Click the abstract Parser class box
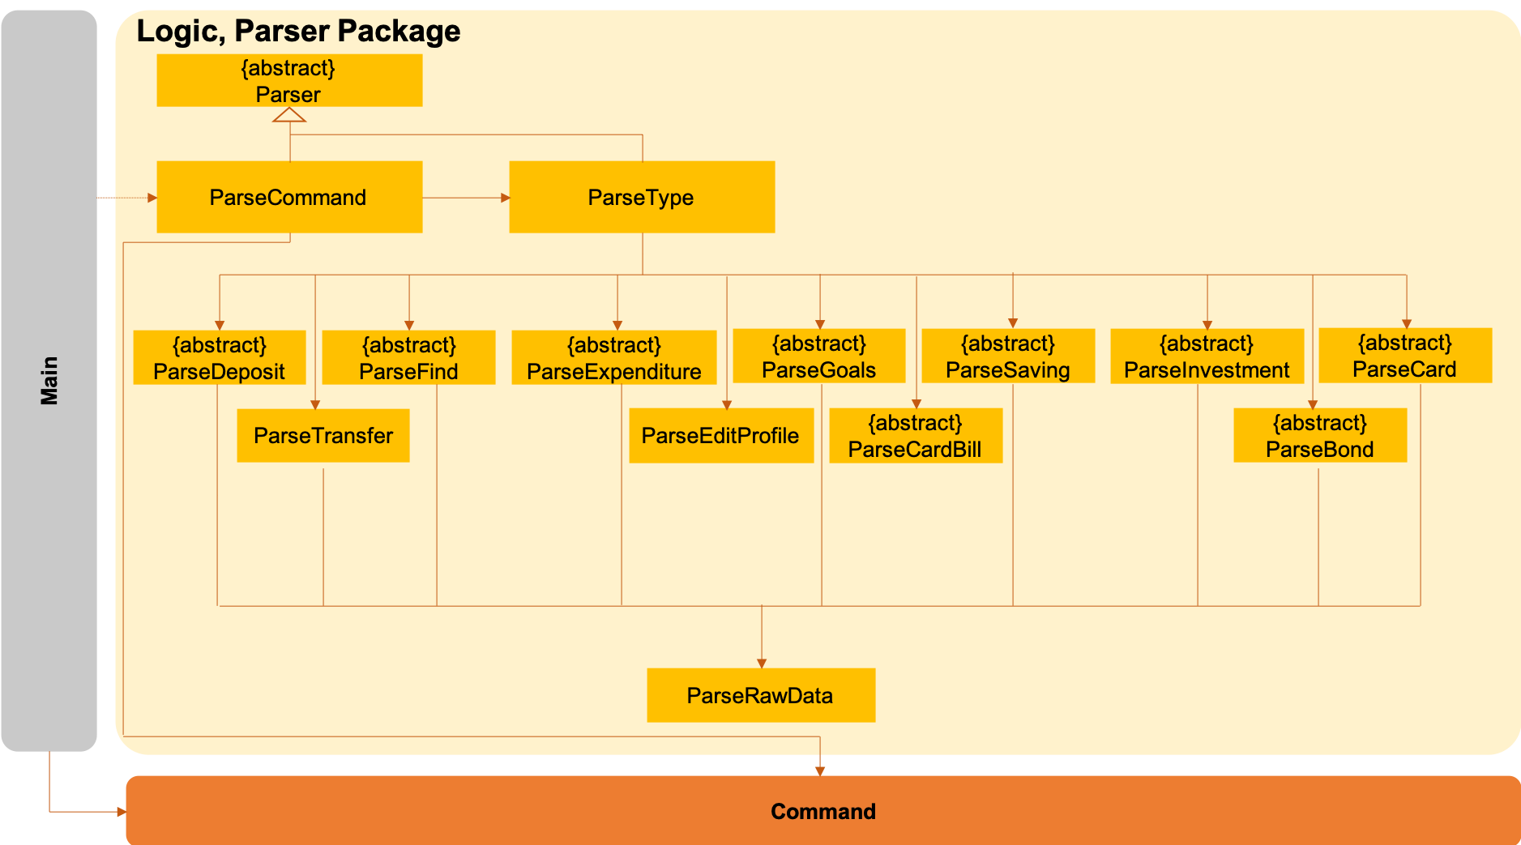289,80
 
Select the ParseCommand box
289,197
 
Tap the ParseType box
642,197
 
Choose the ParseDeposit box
220,357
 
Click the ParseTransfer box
323,436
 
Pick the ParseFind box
408,357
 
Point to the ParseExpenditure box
614,357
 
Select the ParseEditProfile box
721,436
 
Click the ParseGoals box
819,356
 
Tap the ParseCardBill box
916,436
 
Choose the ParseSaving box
1008,356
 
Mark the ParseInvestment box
1207,356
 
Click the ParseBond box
1320,436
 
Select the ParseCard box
1405,355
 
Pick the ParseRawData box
761,695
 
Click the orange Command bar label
823,811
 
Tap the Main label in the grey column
49,381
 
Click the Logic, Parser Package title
298,31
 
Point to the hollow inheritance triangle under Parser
289,115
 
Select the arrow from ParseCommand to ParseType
466,198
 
